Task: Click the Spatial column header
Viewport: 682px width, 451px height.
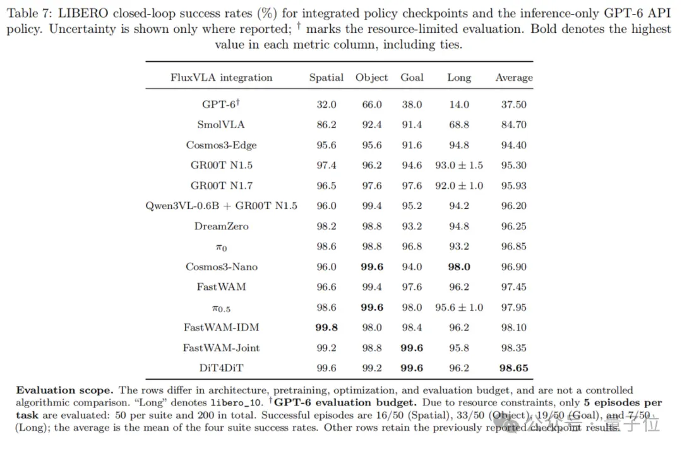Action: pyautogui.click(x=326, y=78)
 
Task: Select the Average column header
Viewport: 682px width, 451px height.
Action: pyautogui.click(x=513, y=78)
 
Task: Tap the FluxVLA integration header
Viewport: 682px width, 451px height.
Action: pyautogui.click(x=222, y=78)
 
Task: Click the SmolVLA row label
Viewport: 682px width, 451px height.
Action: pyautogui.click(x=221, y=125)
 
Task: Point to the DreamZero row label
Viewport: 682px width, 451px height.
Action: pyautogui.click(x=222, y=226)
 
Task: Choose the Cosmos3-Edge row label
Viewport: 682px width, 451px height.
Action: pyautogui.click(x=222, y=145)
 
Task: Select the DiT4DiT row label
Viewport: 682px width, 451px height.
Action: pyautogui.click(x=222, y=368)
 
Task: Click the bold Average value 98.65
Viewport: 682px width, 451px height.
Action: pyautogui.click(x=513, y=368)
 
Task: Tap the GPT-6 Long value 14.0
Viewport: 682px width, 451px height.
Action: pyautogui.click(x=459, y=105)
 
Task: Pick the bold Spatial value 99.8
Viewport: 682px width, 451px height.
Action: pyautogui.click(x=326, y=327)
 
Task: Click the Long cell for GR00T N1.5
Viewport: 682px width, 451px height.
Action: pyautogui.click(x=459, y=165)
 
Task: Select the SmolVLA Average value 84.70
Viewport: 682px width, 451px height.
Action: pyautogui.click(x=513, y=125)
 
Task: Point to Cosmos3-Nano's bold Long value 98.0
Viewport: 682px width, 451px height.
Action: pyautogui.click(x=459, y=267)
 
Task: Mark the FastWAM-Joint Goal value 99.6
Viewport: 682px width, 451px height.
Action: pyautogui.click(x=412, y=348)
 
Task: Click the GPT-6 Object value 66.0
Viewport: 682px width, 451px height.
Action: pyautogui.click(x=372, y=105)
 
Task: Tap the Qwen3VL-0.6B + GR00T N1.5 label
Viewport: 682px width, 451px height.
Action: pyautogui.click(x=222, y=206)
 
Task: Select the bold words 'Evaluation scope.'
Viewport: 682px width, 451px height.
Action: pyautogui.click(x=64, y=390)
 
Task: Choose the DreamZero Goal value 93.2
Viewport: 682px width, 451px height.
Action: pyautogui.click(x=412, y=226)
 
